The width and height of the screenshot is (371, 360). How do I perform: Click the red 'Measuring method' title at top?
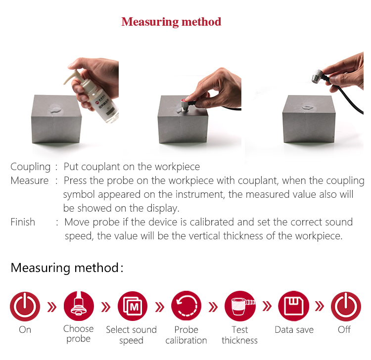pyautogui.click(x=171, y=22)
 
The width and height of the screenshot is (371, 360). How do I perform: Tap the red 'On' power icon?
pyautogui.click(x=25, y=307)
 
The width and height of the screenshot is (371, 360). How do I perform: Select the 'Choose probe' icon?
pyautogui.click(x=79, y=306)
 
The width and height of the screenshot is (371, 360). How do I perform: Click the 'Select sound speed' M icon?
pyautogui.click(x=133, y=306)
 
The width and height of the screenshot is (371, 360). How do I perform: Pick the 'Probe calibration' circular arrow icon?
pyautogui.click(x=186, y=306)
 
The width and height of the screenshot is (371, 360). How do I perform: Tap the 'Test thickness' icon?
pyautogui.click(x=240, y=306)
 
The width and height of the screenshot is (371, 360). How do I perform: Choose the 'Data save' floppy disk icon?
pyautogui.click(x=294, y=306)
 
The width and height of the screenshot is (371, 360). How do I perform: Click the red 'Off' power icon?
pyautogui.click(x=346, y=307)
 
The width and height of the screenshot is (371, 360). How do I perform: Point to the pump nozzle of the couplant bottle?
pyautogui.click(x=71, y=76)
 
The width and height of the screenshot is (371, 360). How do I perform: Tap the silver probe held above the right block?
pyautogui.click(x=318, y=76)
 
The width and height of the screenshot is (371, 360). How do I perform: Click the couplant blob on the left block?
pyautogui.click(x=55, y=110)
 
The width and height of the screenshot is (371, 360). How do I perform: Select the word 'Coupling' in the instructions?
pyautogui.click(x=31, y=167)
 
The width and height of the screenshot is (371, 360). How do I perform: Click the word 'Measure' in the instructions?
pyautogui.click(x=30, y=180)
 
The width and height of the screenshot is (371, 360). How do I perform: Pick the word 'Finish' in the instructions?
pyautogui.click(x=23, y=222)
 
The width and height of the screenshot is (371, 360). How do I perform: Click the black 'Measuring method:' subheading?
pyautogui.click(x=67, y=268)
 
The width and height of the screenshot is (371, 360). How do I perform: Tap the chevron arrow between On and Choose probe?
pyautogui.click(x=52, y=307)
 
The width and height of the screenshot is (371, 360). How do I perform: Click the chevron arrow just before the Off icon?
pyautogui.click(x=320, y=306)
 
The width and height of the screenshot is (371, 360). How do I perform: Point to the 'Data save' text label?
pyautogui.click(x=294, y=329)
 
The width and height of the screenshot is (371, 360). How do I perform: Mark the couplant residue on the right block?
pyautogui.click(x=307, y=108)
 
